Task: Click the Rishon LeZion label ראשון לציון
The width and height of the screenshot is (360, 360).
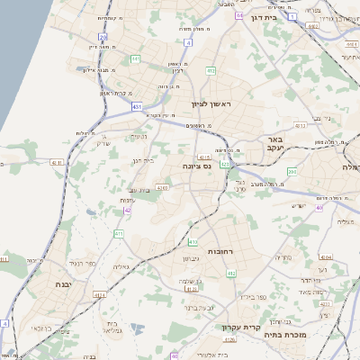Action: (211, 104)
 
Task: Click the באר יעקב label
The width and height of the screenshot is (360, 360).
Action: (275, 145)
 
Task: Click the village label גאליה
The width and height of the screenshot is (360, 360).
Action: (124, 266)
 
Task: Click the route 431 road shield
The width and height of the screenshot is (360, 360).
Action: (137, 106)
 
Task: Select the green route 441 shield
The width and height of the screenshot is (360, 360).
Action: (135, 59)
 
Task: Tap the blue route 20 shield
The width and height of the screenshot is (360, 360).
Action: (103, 38)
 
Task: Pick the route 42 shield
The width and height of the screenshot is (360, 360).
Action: (128, 210)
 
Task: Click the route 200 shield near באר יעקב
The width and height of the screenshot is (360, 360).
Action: (291, 170)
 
